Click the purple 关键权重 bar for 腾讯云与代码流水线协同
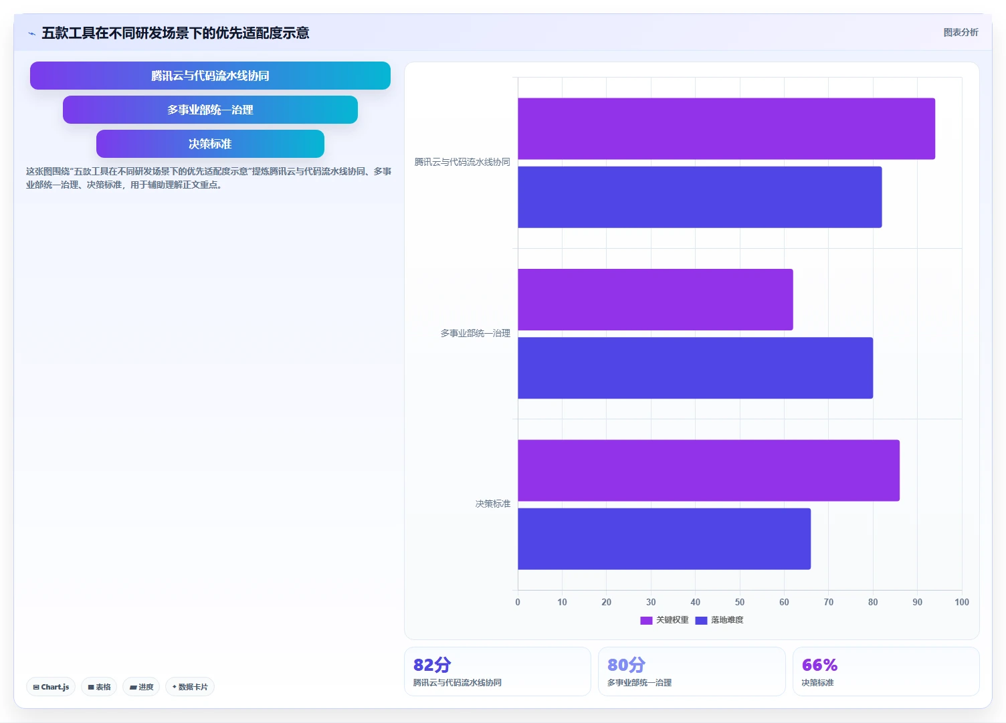726,128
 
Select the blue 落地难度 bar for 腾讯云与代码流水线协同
700,197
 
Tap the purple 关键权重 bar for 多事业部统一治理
656,300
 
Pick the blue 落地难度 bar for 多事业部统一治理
695,368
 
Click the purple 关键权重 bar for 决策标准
709,470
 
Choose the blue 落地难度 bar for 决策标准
664,539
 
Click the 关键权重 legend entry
664,620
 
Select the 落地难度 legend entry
719,620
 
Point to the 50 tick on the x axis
740,602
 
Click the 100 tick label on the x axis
962,602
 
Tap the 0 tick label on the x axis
518,602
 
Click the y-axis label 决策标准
493,504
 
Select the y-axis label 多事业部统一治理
475,333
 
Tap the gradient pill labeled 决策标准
210,144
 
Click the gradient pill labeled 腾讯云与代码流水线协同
210,76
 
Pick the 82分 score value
432,665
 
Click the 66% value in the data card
819,665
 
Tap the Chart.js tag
51,687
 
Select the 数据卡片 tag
190,687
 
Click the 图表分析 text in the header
961,32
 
